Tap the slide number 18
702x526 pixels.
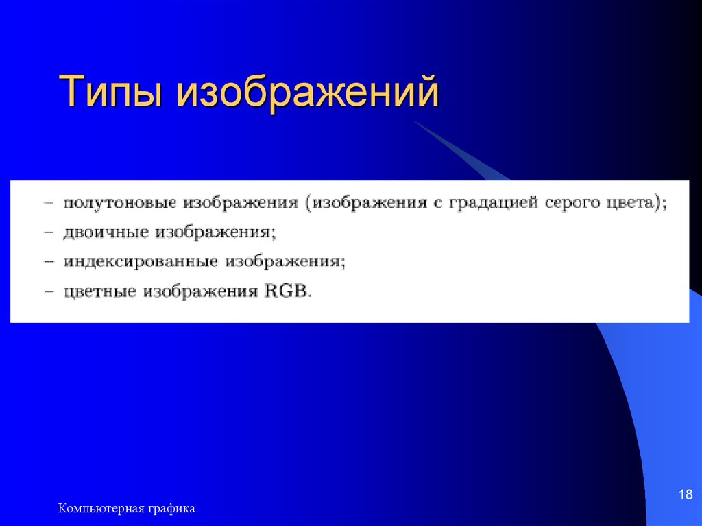coord(685,494)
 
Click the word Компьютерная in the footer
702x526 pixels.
coord(100,508)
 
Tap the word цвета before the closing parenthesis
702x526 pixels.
coord(631,204)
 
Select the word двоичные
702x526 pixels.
coord(106,233)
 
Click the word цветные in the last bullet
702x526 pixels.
coord(101,291)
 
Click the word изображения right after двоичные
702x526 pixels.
coord(215,233)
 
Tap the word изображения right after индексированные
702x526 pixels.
coord(286,262)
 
